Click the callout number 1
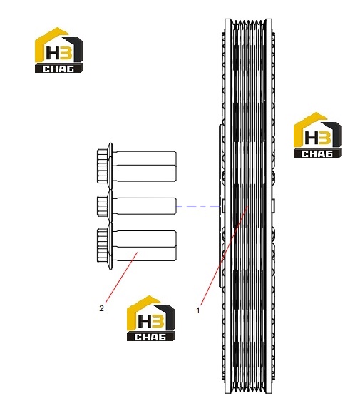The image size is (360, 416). (198, 310)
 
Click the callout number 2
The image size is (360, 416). (101, 308)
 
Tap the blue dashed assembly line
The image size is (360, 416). (198, 206)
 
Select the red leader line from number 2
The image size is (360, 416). (121, 278)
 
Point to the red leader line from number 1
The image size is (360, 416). (225, 255)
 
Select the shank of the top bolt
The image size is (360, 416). (145, 166)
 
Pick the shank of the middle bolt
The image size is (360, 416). (145, 206)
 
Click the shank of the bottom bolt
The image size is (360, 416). (145, 245)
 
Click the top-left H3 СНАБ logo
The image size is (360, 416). (59, 50)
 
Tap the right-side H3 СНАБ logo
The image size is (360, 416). (318, 135)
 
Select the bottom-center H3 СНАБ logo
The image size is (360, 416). (151, 318)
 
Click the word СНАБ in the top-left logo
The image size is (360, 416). (58, 69)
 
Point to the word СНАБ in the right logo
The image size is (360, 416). (317, 153)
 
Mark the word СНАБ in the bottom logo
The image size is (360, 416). (150, 337)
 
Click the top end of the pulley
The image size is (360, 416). (248, 20)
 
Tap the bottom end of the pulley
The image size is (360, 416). (248, 392)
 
